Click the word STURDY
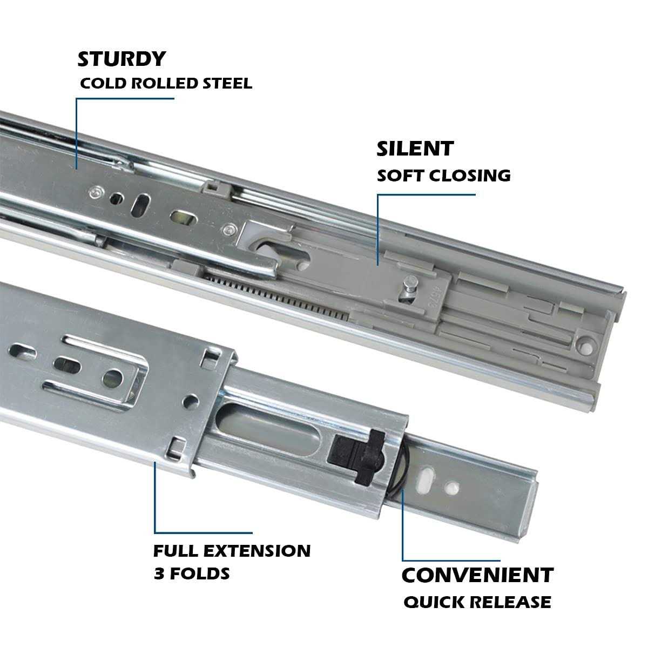(121, 59)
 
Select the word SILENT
(415, 148)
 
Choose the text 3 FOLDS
(192, 573)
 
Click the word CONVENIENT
(477, 575)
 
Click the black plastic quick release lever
(356, 454)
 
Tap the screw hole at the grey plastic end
(585, 344)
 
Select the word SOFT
(399, 175)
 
